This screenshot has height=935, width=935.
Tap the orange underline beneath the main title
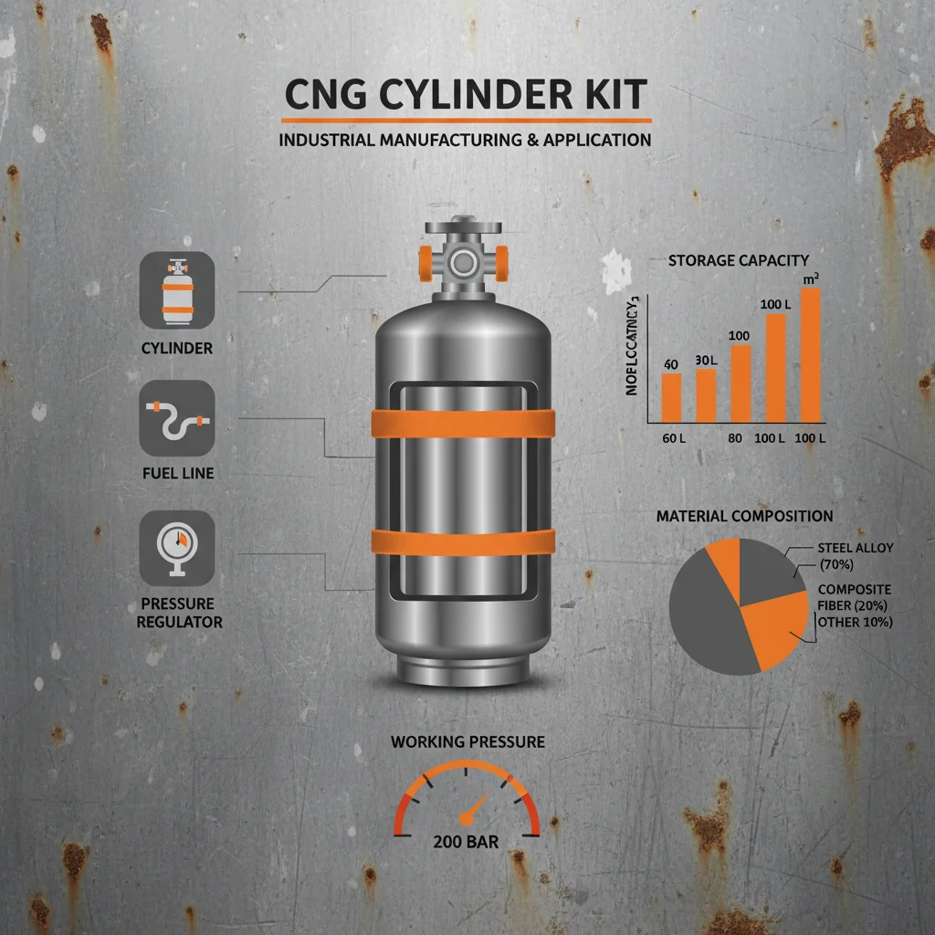point(466,121)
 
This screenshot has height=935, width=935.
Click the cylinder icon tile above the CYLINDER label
point(177,290)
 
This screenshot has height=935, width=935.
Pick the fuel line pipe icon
point(177,418)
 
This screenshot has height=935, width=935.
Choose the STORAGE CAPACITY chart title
point(739,261)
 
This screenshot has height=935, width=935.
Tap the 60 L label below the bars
point(674,439)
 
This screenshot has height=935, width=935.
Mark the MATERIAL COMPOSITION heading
point(731,517)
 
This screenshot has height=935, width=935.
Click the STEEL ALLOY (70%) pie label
point(856,555)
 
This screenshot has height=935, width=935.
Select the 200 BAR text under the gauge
point(466,841)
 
